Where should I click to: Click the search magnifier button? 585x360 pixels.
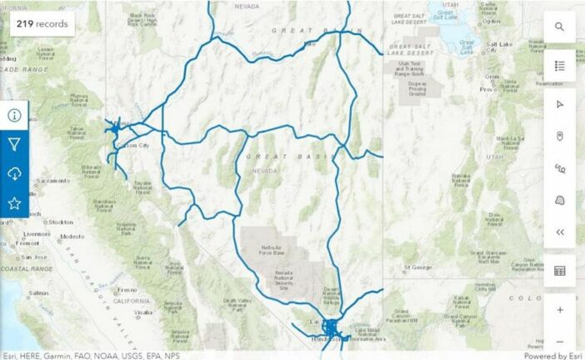coord(560,27)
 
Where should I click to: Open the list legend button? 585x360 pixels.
coord(560,65)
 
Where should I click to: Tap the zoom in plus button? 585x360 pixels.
coord(560,309)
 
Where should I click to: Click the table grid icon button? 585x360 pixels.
coord(560,271)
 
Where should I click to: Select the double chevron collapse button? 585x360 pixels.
coord(560,232)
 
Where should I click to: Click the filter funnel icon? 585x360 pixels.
coord(14,144)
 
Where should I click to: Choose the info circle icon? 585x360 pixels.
coord(14,115)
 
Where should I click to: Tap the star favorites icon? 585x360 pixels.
coord(14,202)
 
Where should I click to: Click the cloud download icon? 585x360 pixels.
coord(14,173)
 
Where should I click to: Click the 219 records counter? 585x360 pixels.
coord(40,23)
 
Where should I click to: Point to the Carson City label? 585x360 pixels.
coord(132,145)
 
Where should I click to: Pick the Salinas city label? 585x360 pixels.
coord(38,293)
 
